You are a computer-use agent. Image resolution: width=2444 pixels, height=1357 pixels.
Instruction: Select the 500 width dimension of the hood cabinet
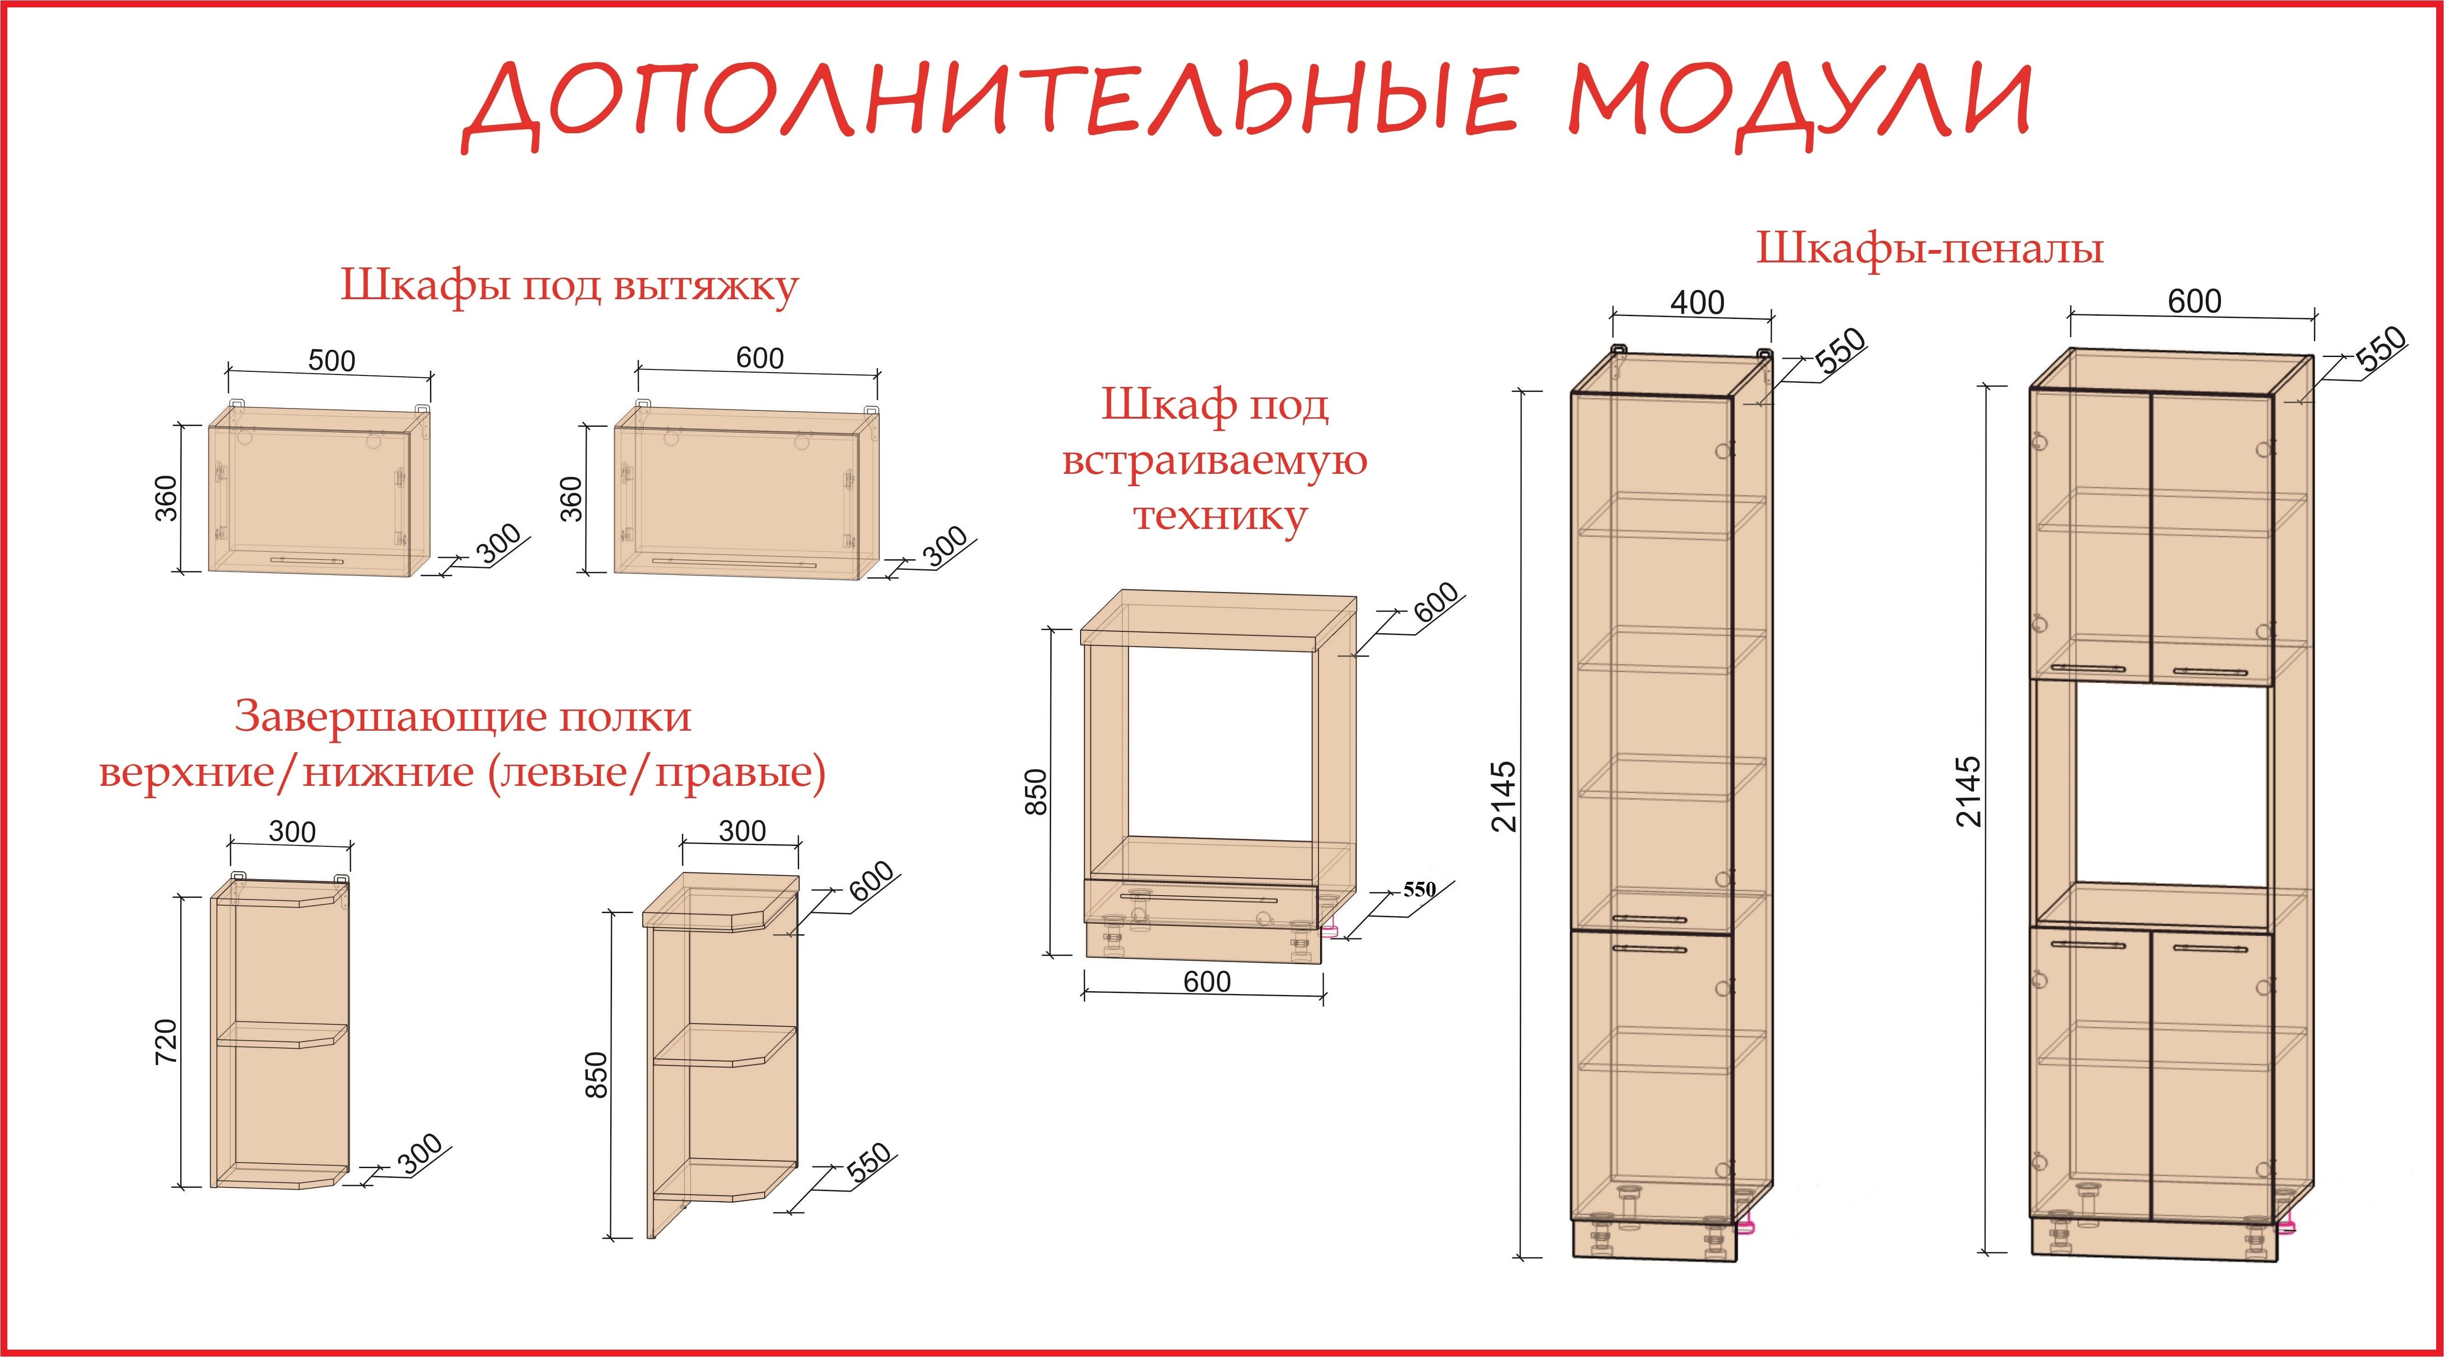332,360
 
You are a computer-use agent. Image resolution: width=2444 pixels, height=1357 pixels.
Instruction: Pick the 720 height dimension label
166,1040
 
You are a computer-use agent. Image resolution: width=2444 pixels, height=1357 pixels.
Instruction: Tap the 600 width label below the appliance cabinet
1207,982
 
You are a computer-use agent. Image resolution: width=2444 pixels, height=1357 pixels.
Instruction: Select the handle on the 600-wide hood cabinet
733,562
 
